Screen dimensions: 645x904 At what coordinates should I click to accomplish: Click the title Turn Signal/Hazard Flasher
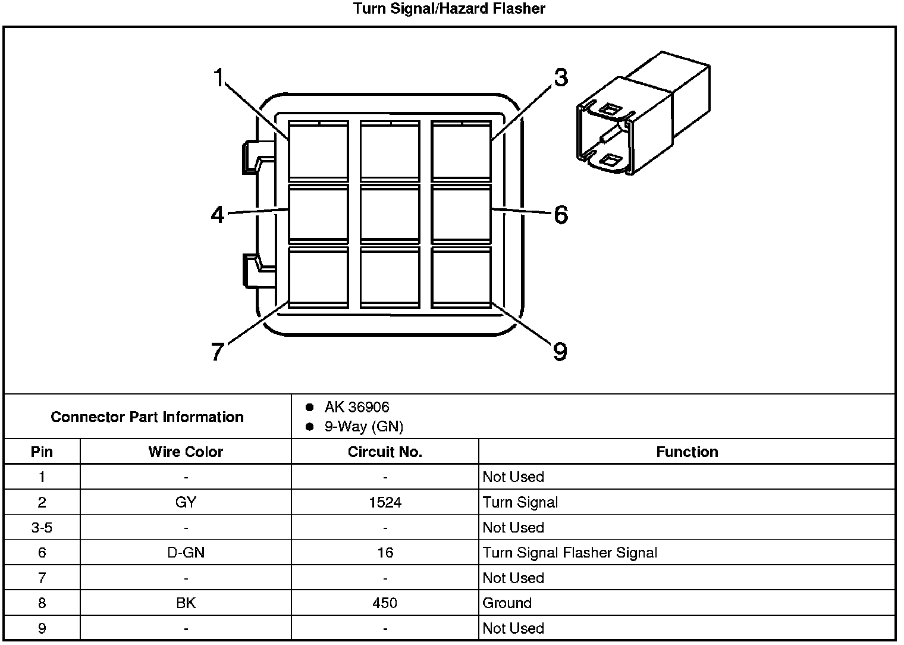click(x=449, y=8)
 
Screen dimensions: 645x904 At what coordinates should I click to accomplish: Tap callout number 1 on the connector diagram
click(x=218, y=77)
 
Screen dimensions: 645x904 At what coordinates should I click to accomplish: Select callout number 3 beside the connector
click(x=560, y=77)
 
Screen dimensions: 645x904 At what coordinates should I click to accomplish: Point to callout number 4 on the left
click(x=218, y=214)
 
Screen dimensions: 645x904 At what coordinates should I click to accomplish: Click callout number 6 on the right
click(x=560, y=214)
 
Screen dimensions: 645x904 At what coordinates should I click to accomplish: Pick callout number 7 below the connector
click(x=218, y=352)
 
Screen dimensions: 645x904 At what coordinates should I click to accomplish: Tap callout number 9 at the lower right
click(x=560, y=352)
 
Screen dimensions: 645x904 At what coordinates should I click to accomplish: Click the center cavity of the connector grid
click(x=390, y=214)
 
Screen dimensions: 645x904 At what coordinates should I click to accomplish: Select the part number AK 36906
click(x=357, y=407)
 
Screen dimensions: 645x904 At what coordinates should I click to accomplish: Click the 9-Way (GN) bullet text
click(x=363, y=427)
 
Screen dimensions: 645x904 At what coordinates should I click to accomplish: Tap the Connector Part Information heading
click(x=147, y=417)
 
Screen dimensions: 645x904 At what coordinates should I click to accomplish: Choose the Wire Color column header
click(x=186, y=452)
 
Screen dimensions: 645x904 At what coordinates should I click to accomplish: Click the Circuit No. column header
click(x=385, y=452)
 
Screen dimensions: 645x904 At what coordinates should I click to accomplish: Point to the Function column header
click(x=687, y=452)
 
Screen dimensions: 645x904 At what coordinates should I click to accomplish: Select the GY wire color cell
click(x=186, y=502)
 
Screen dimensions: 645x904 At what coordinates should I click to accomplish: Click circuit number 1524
click(x=385, y=502)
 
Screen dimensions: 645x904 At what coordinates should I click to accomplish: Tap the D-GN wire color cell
click(x=186, y=553)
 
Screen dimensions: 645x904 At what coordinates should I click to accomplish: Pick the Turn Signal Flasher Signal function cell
click(x=570, y=553)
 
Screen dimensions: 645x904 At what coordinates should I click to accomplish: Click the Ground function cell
click(x=507, y=603)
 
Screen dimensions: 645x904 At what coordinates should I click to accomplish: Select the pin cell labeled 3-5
click(x=42, y=527)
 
